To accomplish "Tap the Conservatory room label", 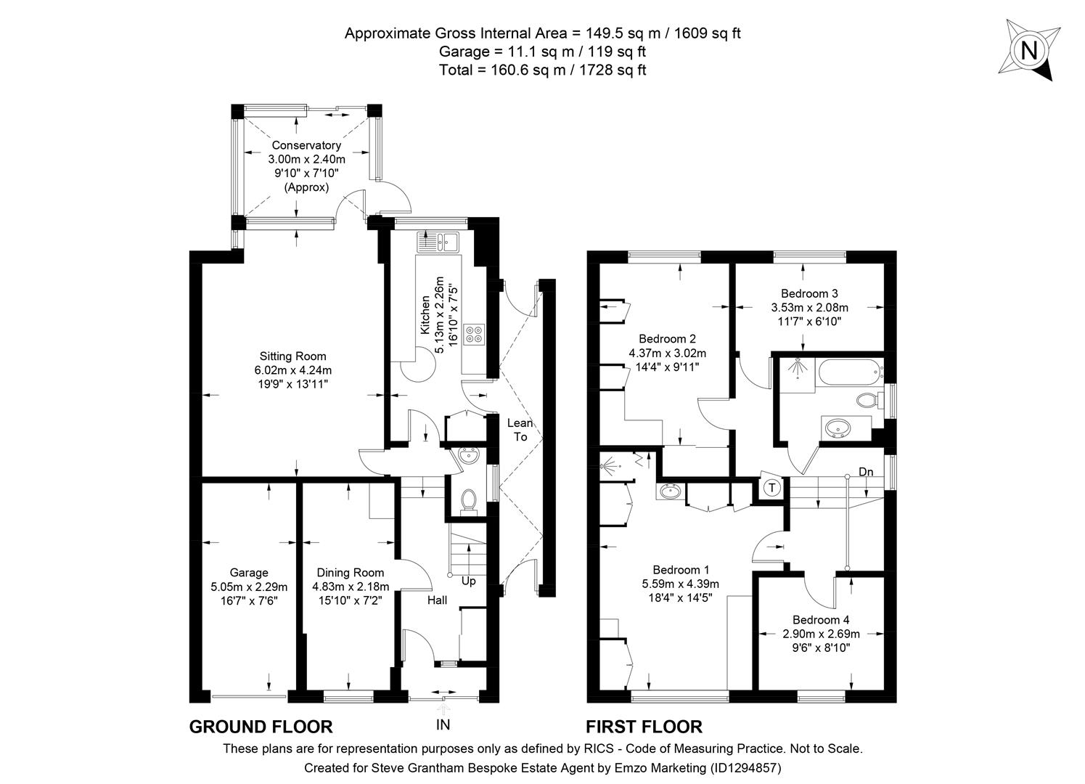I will [306, 145].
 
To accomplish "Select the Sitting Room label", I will [293, 356].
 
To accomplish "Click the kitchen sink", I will [438, 241].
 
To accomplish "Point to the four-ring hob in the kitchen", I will [475, 335].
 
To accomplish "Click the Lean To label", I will [520, 430].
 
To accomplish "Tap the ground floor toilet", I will [469, 500].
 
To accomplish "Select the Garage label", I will [249, 573].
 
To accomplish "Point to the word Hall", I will [437, 600].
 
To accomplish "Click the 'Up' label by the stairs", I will [469, 581].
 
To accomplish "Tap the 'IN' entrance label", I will [443, 724].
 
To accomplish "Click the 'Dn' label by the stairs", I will [866, 473].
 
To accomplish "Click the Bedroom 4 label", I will [821, 620].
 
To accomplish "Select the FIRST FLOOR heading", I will [644, 727].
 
